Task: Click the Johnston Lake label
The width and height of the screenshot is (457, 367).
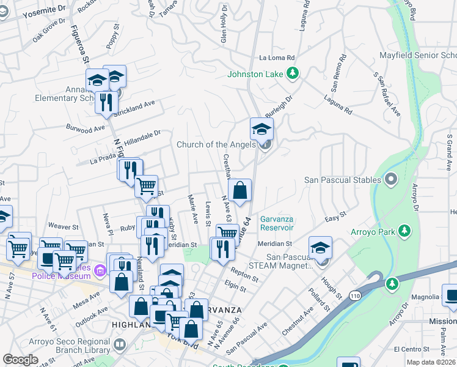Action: click(255, 74)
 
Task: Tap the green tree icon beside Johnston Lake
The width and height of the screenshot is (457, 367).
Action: click(293, 73)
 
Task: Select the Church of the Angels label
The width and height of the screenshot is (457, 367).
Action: click(216, 145)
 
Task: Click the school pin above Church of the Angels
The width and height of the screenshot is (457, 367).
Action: click(261, 130)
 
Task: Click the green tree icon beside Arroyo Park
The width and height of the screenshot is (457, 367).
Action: click(403, 231)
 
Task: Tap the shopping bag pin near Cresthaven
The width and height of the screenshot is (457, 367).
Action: click(240, 190)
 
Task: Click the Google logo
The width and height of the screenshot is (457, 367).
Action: click(20, 359)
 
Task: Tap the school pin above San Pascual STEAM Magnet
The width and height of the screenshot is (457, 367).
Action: click(320, 248)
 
